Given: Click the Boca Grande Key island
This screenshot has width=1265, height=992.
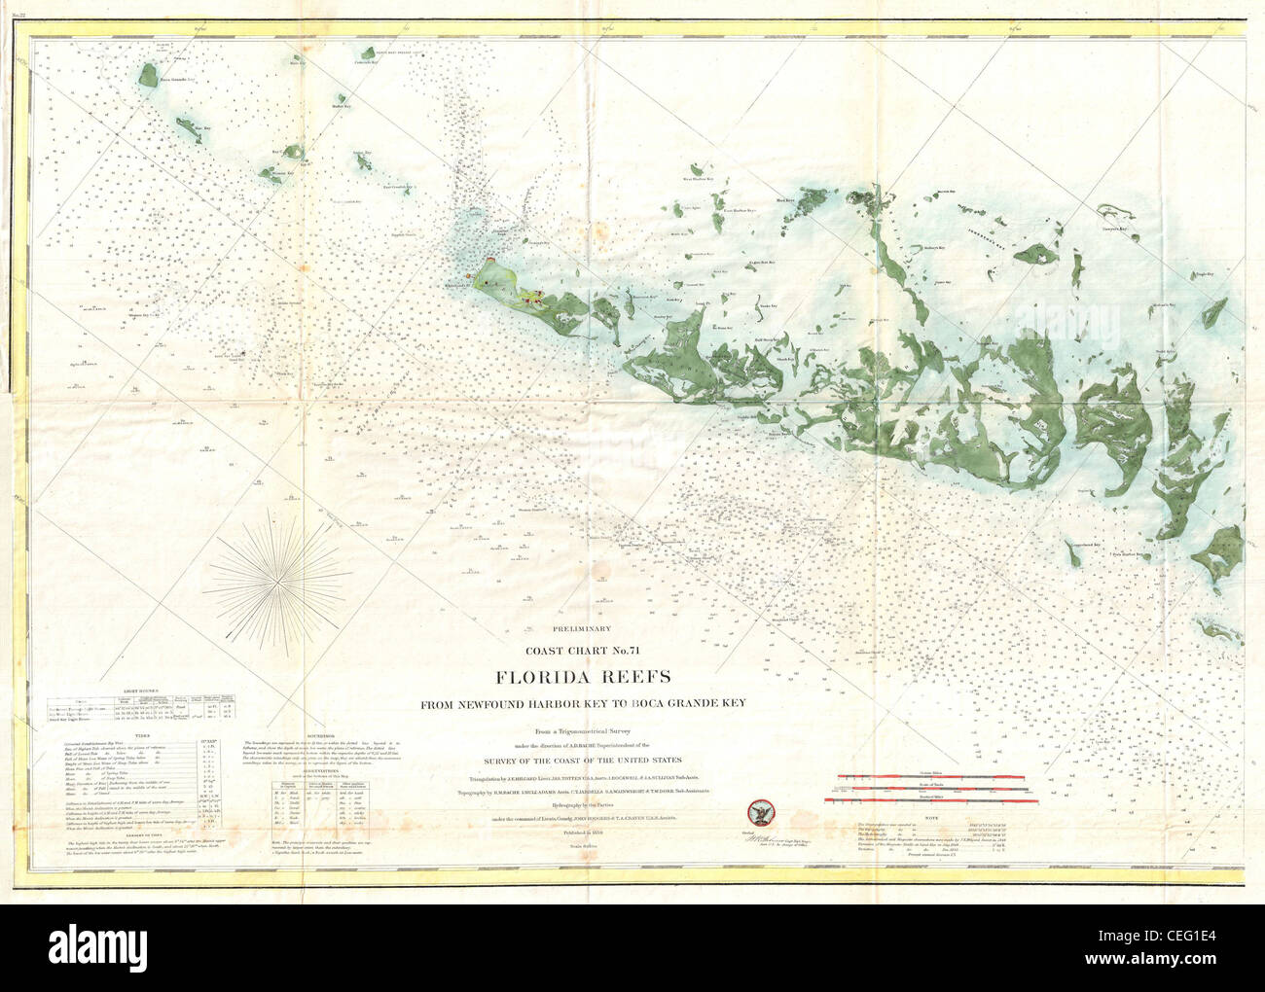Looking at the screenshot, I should pos(148,76).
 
